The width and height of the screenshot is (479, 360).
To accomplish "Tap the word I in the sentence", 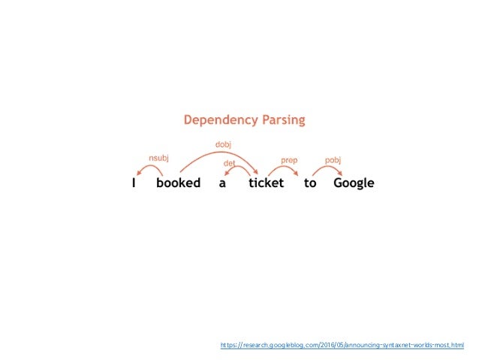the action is click(x=134, y=183).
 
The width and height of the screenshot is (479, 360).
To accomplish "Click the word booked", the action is click(x=179, y=183).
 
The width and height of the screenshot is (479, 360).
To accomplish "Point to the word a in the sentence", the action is click(x=222, y=183).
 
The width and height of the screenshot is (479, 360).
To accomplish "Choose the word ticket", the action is click(x=267, y=183).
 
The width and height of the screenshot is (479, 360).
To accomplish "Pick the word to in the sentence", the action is click(x=310, y=183).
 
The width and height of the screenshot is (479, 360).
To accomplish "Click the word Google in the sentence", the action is click(x=354, y=183).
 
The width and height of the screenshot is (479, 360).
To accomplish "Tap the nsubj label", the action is click(x=158, y=158).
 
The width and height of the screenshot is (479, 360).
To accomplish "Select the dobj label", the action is click(x=223, y=144).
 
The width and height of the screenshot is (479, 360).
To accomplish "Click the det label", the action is click(x=229, y=162).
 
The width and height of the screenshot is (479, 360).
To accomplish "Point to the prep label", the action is click(x=289, y=159).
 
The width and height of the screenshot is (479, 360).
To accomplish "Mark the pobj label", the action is click(x=333, y=159).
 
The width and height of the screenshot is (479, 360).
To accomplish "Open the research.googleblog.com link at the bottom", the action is click(x=342, y=345).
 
